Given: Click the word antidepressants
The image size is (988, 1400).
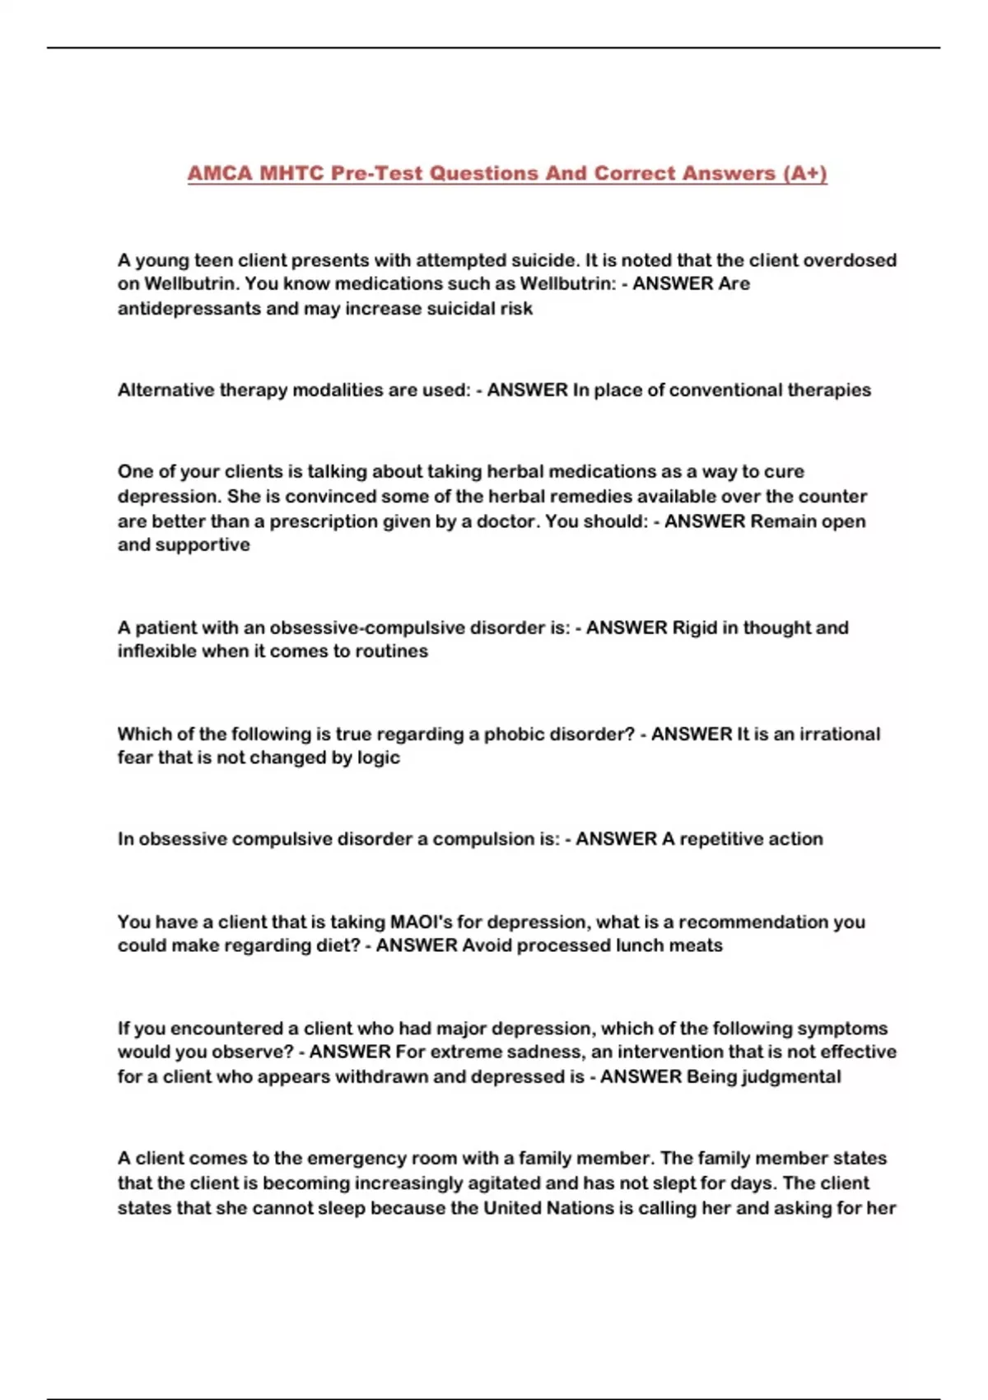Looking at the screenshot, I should [x=187, y=309].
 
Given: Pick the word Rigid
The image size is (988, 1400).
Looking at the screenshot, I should [x=695, y=628].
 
